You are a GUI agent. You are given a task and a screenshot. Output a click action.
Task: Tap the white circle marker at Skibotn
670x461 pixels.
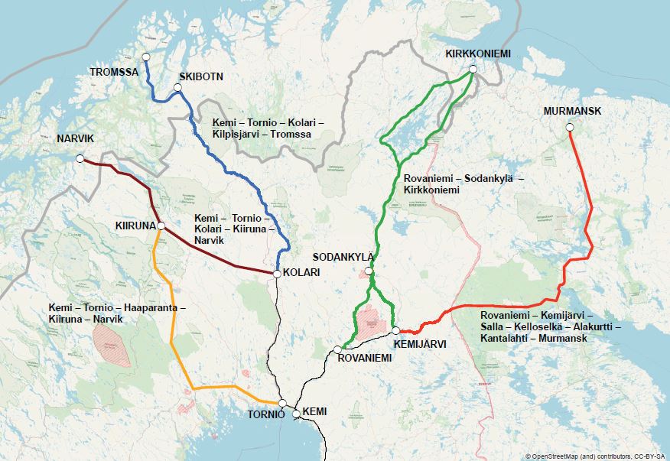click(x=177, y=89)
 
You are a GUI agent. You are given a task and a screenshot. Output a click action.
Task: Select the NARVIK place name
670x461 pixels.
click(x=74, y=139)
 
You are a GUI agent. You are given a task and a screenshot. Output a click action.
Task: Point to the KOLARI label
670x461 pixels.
click(x=301, y=273)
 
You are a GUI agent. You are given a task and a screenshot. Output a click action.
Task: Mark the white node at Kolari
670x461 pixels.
click(x=276, y=273)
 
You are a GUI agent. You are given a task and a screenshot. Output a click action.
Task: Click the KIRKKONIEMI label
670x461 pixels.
click(x=478, y=54)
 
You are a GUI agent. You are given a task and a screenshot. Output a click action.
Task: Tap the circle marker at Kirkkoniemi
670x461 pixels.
click(x=473, y=70)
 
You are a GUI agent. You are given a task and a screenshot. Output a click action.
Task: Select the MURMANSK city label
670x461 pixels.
click(x=572, y=111)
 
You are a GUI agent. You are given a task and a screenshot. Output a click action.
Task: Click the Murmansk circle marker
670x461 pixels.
click(x=570, y=128)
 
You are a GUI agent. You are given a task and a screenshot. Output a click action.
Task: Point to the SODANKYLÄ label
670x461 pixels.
click(x=343, y=256)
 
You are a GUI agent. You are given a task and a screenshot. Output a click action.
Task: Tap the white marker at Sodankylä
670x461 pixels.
click(x=369, y=271)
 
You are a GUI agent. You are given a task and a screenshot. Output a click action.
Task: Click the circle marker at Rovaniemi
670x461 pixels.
click(x=337, y=350)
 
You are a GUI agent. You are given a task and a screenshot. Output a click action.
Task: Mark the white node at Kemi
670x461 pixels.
click(x=296, y=413)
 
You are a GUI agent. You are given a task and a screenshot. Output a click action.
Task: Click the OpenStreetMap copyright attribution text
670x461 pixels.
click(x=596, y=456)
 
